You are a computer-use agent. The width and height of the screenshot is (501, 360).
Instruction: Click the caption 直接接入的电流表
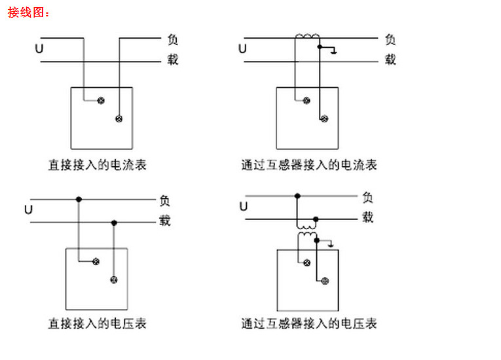(97, 165)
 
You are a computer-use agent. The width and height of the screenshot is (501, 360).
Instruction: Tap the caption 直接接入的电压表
(97, 323)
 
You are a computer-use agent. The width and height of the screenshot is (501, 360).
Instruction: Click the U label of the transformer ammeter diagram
(243, 49)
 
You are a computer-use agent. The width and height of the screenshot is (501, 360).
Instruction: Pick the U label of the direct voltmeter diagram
(28, 210)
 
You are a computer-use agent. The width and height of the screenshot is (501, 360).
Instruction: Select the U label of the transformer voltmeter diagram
(243, 207)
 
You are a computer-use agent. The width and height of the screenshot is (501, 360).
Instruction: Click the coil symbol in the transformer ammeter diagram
(306, 37)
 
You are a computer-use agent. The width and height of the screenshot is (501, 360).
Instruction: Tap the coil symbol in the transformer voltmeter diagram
(306, 236)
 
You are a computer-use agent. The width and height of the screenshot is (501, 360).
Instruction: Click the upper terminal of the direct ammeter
(101, 100)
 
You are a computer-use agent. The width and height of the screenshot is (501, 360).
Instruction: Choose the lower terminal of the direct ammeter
(119, 118)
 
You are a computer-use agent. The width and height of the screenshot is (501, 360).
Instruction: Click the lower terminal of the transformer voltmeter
(324, 281)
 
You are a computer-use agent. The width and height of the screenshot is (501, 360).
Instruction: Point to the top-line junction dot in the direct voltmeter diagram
(79, 199)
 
